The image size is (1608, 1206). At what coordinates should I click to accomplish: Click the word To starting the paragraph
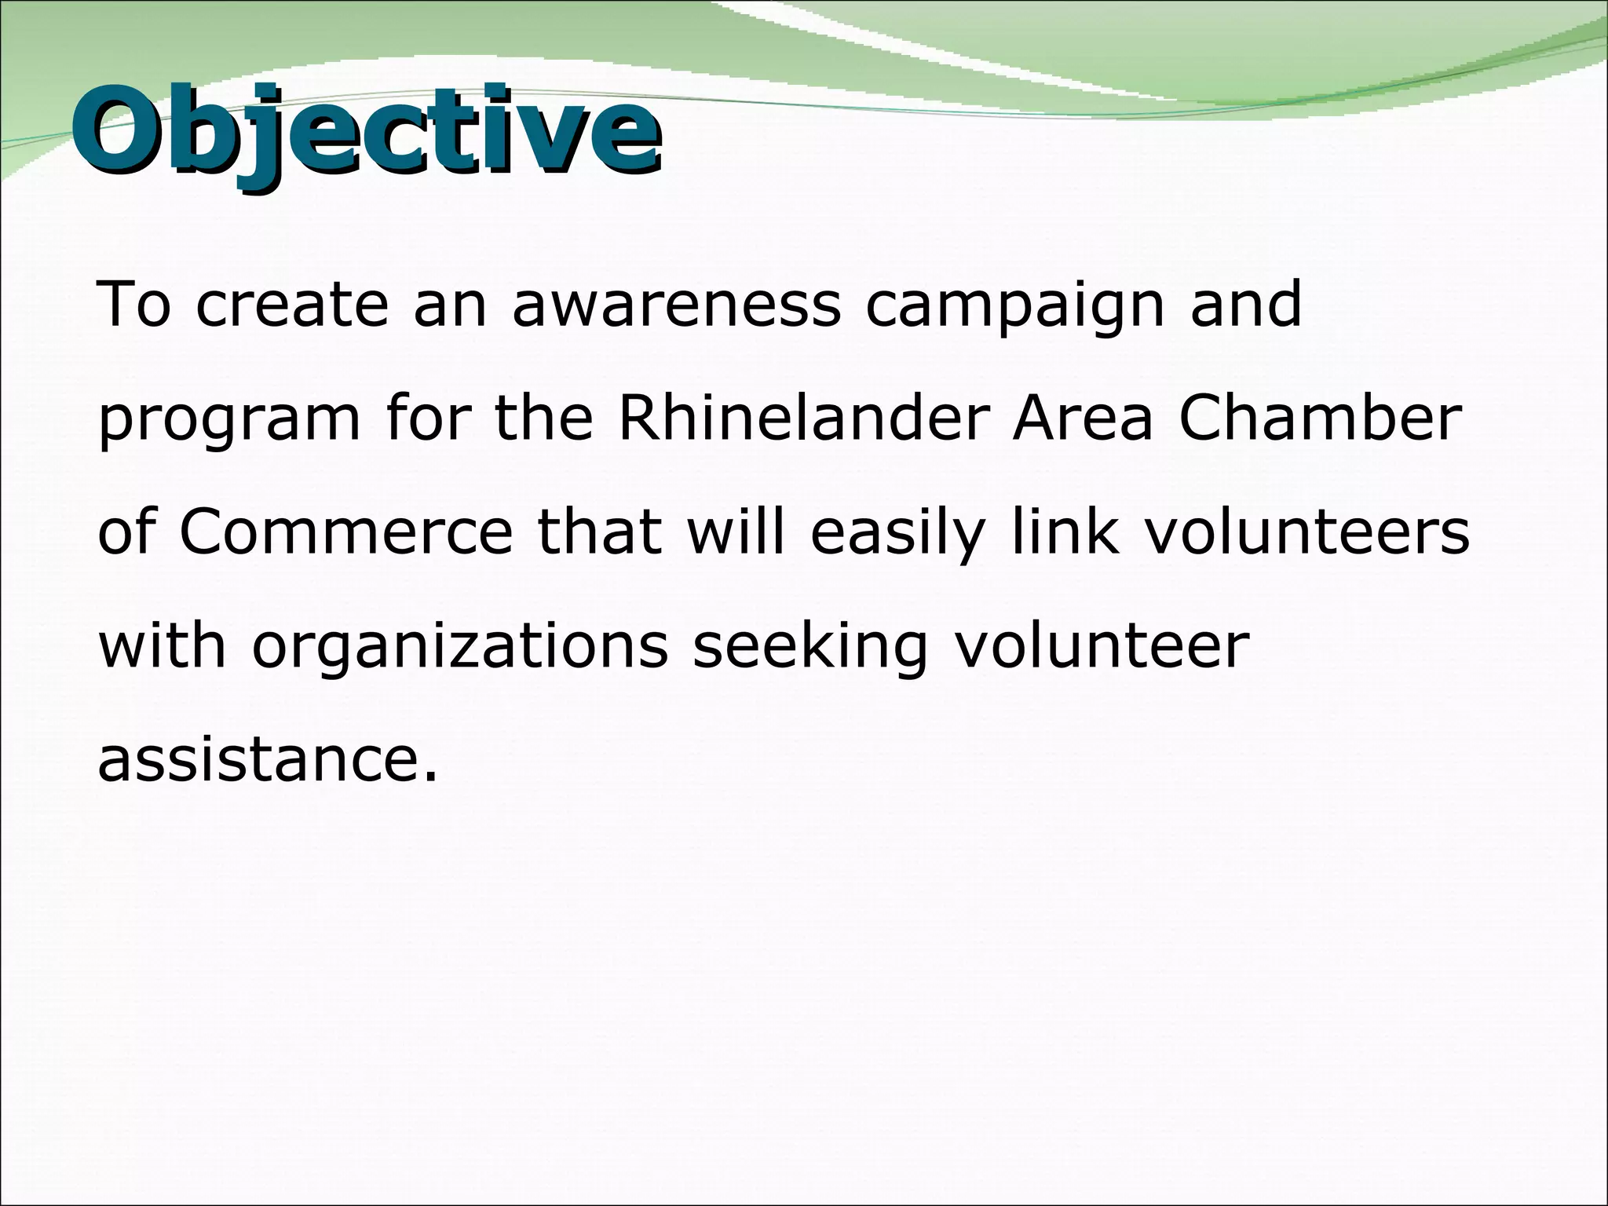point(133,305)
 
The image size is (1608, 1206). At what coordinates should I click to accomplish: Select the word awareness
point(676,305)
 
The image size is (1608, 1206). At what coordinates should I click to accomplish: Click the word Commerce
point(346,532)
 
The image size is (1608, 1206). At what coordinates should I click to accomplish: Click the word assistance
point(266,760)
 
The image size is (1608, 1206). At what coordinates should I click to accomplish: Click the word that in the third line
point(600,532)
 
